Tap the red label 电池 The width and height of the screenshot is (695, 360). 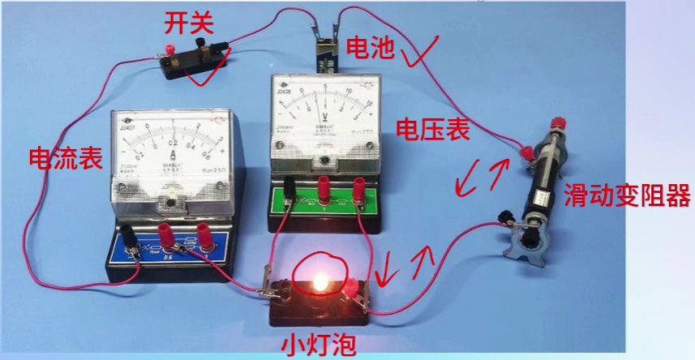pos(371,49)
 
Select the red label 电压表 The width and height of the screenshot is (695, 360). pos(433,130)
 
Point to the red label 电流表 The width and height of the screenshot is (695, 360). pos(66,158)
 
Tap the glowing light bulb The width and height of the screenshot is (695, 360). pos(320,281)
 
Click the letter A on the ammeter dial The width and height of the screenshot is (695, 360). pos(172,155)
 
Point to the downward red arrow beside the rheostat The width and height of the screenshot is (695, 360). pos(469,181)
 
